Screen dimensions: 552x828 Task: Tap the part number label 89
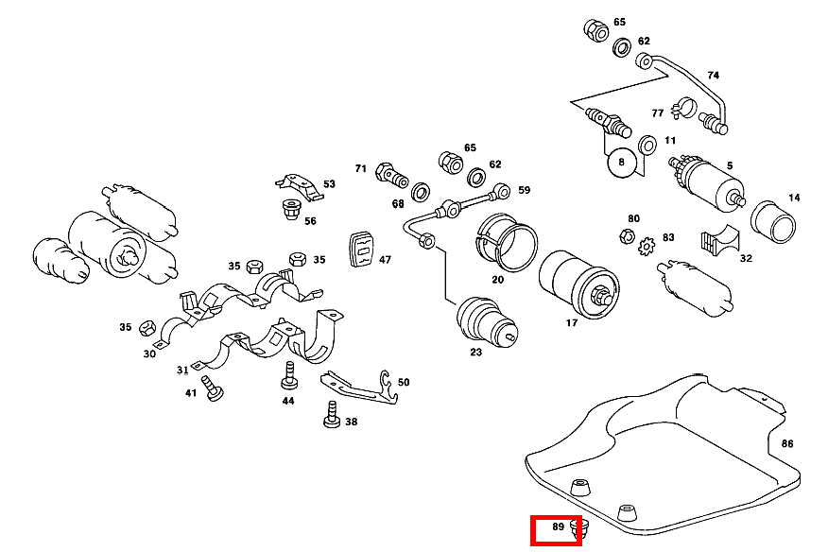click(558, 526)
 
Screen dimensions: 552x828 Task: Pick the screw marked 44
click(288, 379)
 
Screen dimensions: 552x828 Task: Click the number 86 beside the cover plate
click(787, 443)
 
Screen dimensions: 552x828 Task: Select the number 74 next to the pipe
click(713, 75)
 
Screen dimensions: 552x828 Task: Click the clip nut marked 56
click(291, 211)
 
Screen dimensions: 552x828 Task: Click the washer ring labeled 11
click(647, 146)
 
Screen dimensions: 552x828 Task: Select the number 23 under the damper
click(475, 353)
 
